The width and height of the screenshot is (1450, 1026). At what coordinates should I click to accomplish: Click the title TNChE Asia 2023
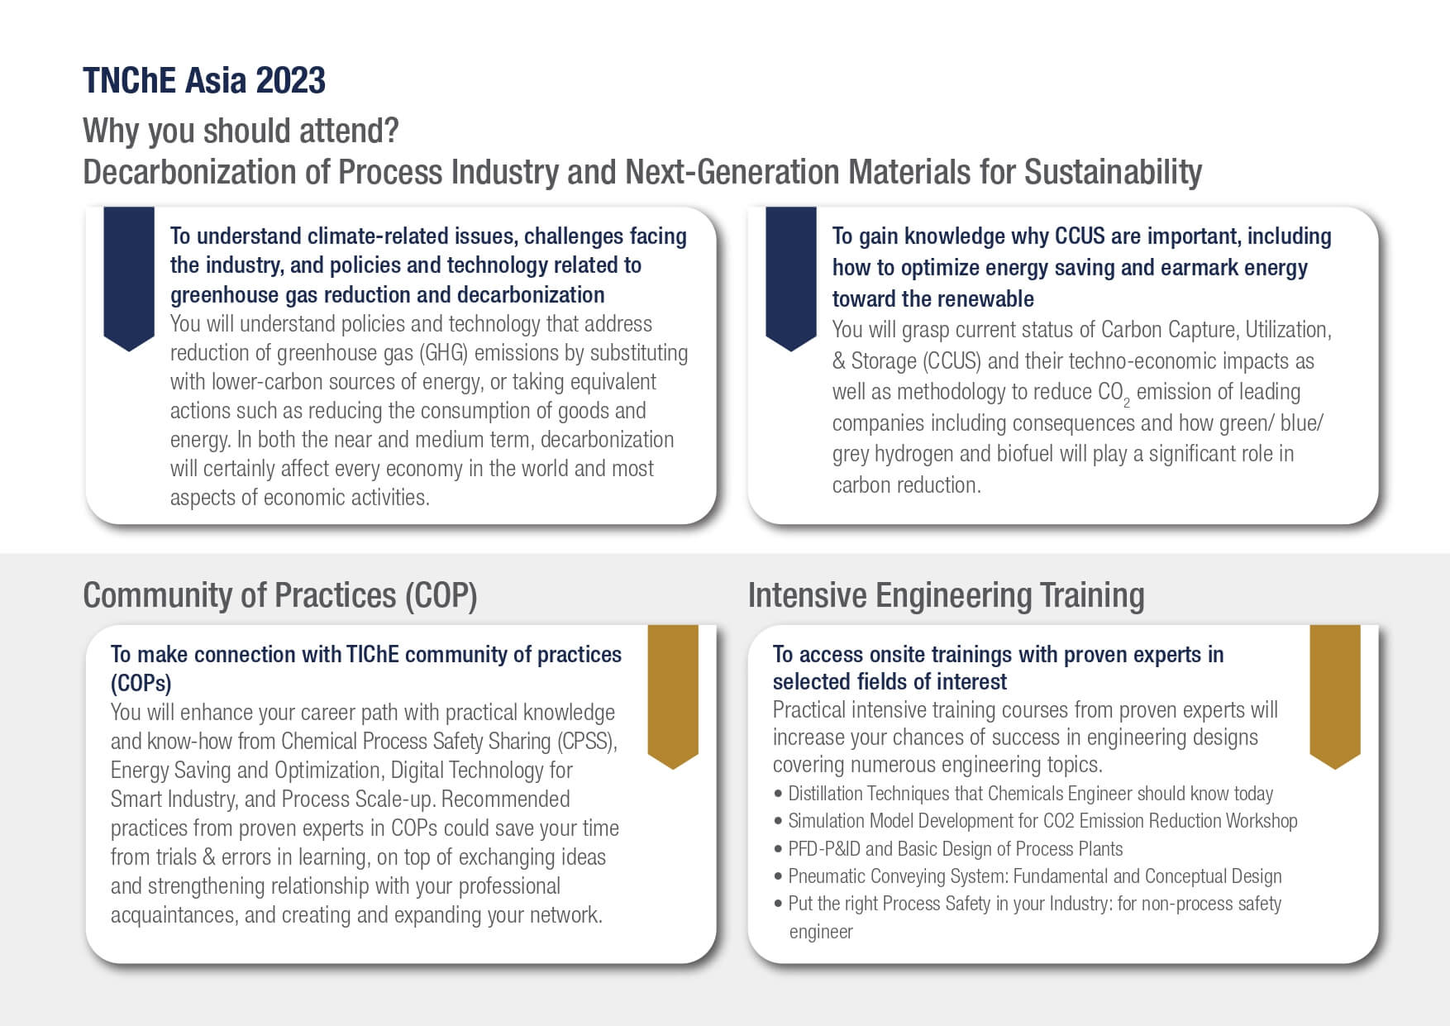coord(204,81)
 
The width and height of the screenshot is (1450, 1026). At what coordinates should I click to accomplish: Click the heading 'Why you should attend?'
coord(241,131)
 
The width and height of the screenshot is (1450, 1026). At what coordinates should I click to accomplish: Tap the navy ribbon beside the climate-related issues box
coord(129,279)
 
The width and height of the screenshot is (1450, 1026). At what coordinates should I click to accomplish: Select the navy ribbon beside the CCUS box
coord(791,279)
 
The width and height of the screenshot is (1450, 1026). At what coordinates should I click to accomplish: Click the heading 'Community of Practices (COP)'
coord(280,595)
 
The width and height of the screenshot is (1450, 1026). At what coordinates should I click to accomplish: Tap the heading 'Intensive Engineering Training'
coord(946,595)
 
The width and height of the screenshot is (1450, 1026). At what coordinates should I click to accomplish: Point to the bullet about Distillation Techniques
coord(1023,794)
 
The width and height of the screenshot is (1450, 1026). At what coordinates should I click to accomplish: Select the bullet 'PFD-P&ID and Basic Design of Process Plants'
coord(948,849)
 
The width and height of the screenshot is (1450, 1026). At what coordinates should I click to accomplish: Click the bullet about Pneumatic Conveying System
coord(1028,876)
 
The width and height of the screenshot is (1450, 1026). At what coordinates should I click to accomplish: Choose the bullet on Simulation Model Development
coord(1036,821)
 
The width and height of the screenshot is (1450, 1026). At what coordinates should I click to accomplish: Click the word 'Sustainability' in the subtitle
coord(1113,172)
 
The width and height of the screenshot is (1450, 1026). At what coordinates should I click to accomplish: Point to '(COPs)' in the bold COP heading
coord(141,684)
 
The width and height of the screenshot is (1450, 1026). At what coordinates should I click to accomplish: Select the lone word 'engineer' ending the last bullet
coord(821,932)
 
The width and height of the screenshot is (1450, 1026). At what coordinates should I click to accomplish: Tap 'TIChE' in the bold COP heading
coord(373,654)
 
